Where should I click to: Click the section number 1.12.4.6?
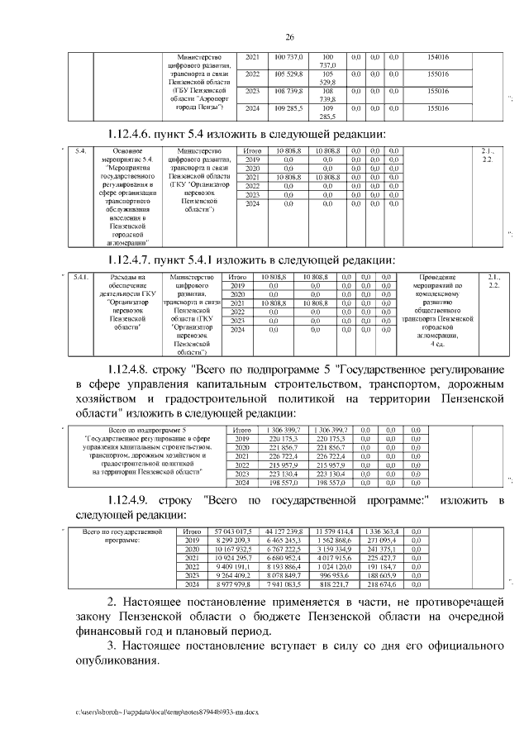(x=137, y=134)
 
